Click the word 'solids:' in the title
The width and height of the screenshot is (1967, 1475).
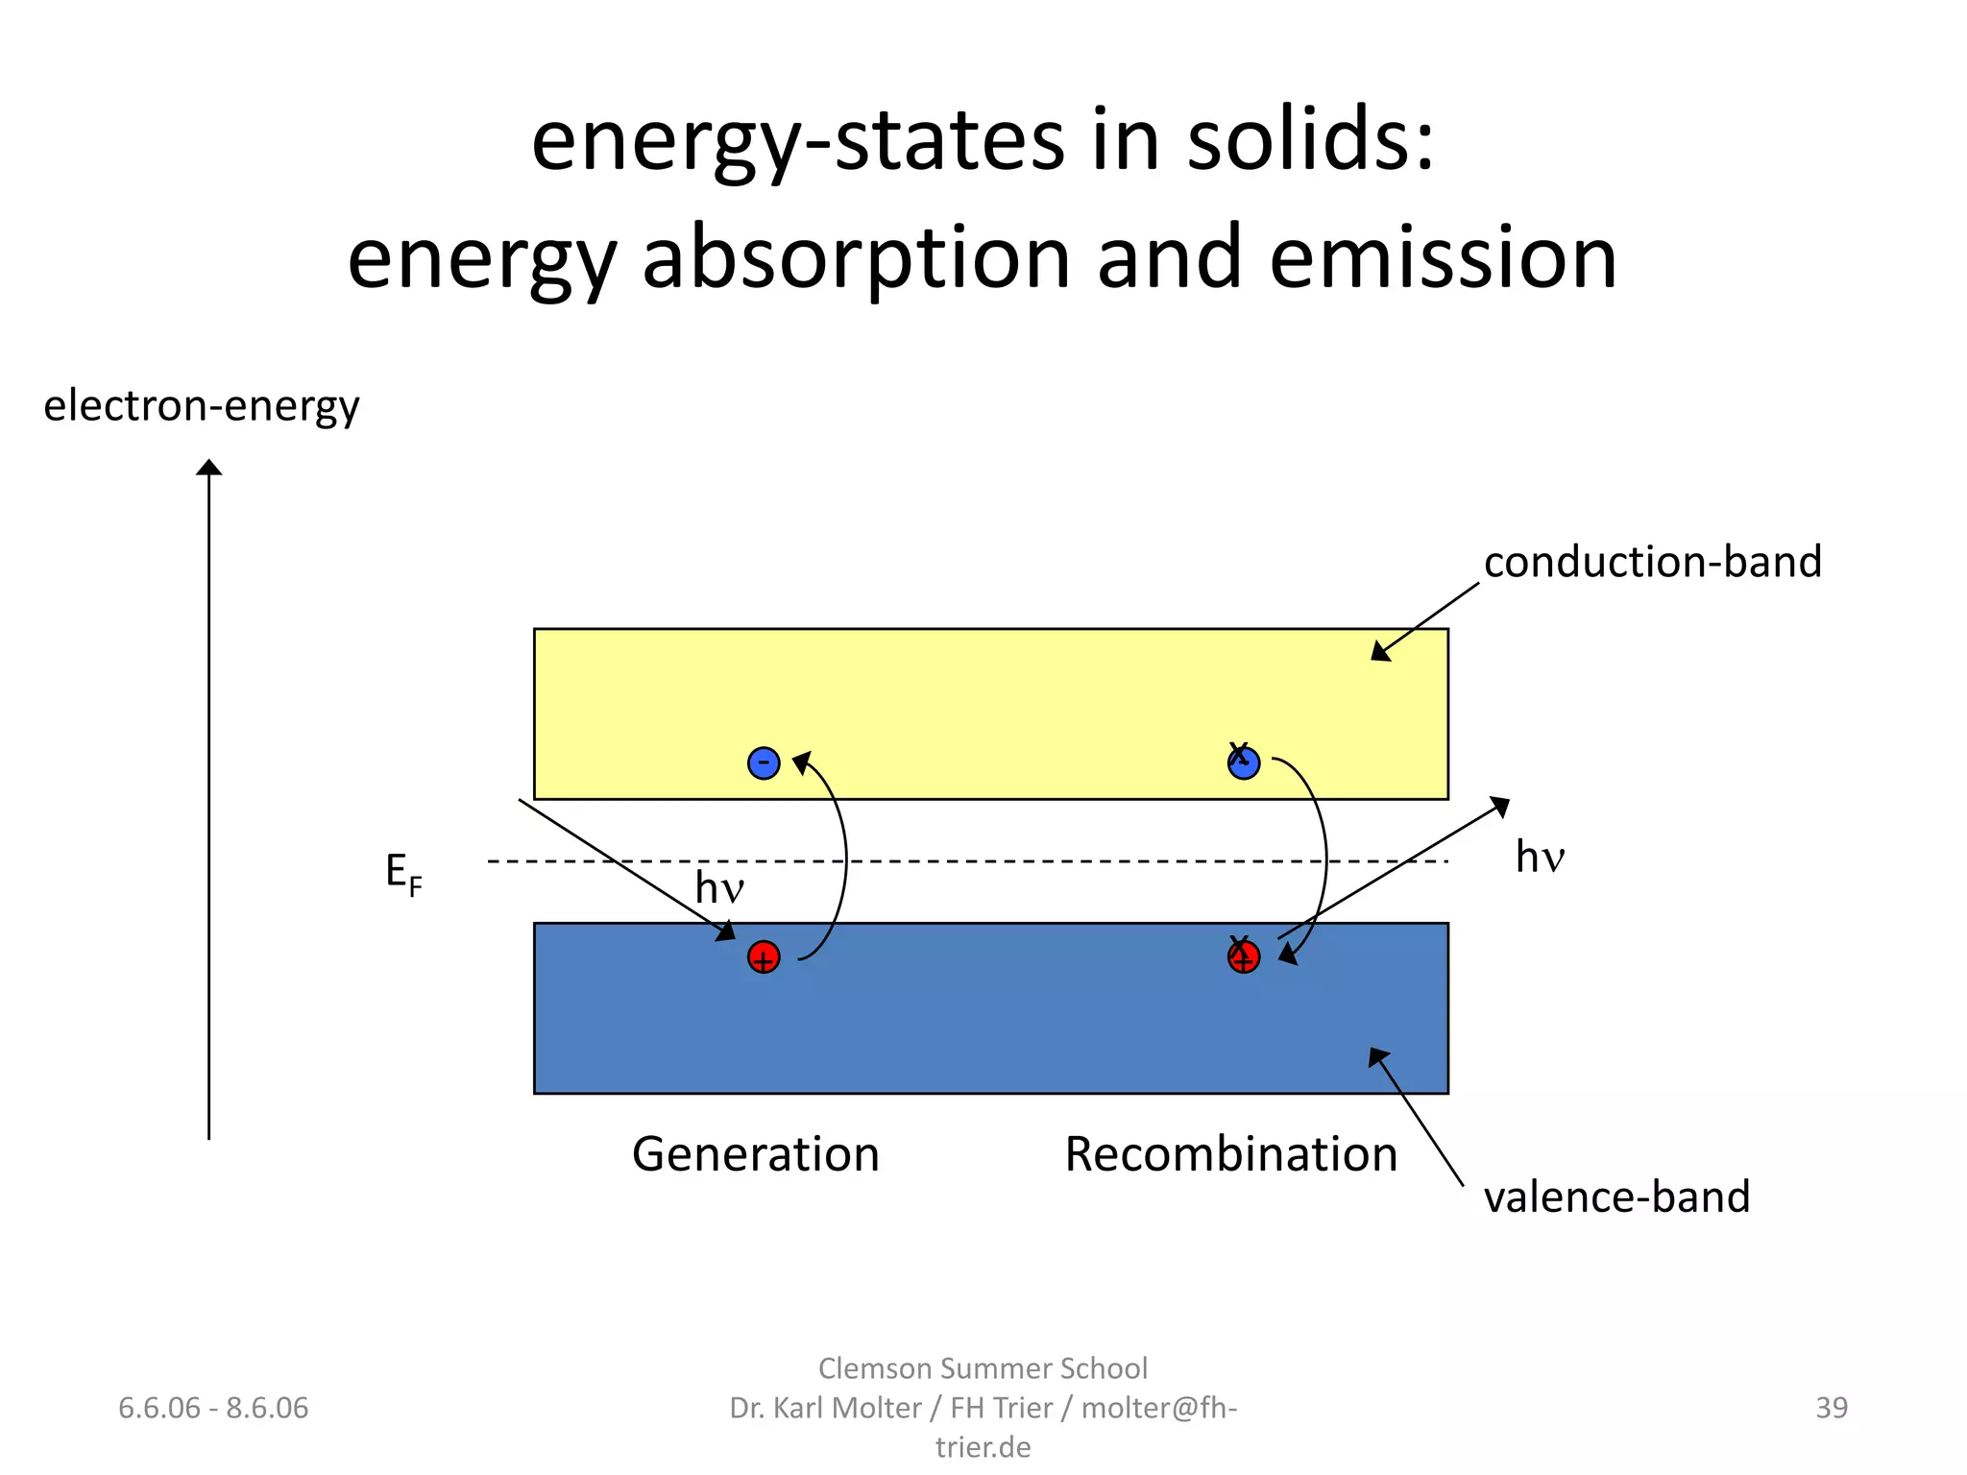click(x=1310, y=141)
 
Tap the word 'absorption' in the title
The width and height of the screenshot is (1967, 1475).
click(x=856, y=258)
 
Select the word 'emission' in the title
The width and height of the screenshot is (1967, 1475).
click(x=1443, y=258)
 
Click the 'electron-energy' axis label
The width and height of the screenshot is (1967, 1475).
click(x=202, y=406)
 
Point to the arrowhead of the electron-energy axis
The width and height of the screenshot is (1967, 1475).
click(x=209, y=468)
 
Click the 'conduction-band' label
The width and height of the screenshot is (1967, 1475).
click(x=1652, y=562)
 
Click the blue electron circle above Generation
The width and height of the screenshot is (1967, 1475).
click(x=764, y=763)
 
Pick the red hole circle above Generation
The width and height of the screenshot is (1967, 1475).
click(x=764, y=957)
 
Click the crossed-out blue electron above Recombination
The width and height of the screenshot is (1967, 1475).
click(x=1244, y=762)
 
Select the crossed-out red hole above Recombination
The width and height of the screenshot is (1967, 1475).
click(x=1244, y=956)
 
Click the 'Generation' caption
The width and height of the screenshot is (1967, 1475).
click(x=756, y=1154)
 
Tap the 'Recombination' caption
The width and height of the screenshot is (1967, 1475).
click(x=1230, y=1154)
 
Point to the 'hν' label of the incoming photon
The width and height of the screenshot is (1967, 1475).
click(x=719, y=888)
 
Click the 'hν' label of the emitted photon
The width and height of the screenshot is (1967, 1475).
click(x=1540, y=857)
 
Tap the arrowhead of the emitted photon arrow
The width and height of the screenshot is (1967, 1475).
click(x=1500, y=805)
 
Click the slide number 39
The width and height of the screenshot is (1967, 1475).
click(x=1832, y=1408)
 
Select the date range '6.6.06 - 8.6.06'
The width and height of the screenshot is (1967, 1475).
click(x=213, y=1408)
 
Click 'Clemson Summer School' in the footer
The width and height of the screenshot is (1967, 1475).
click(x=983, y=1368)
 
